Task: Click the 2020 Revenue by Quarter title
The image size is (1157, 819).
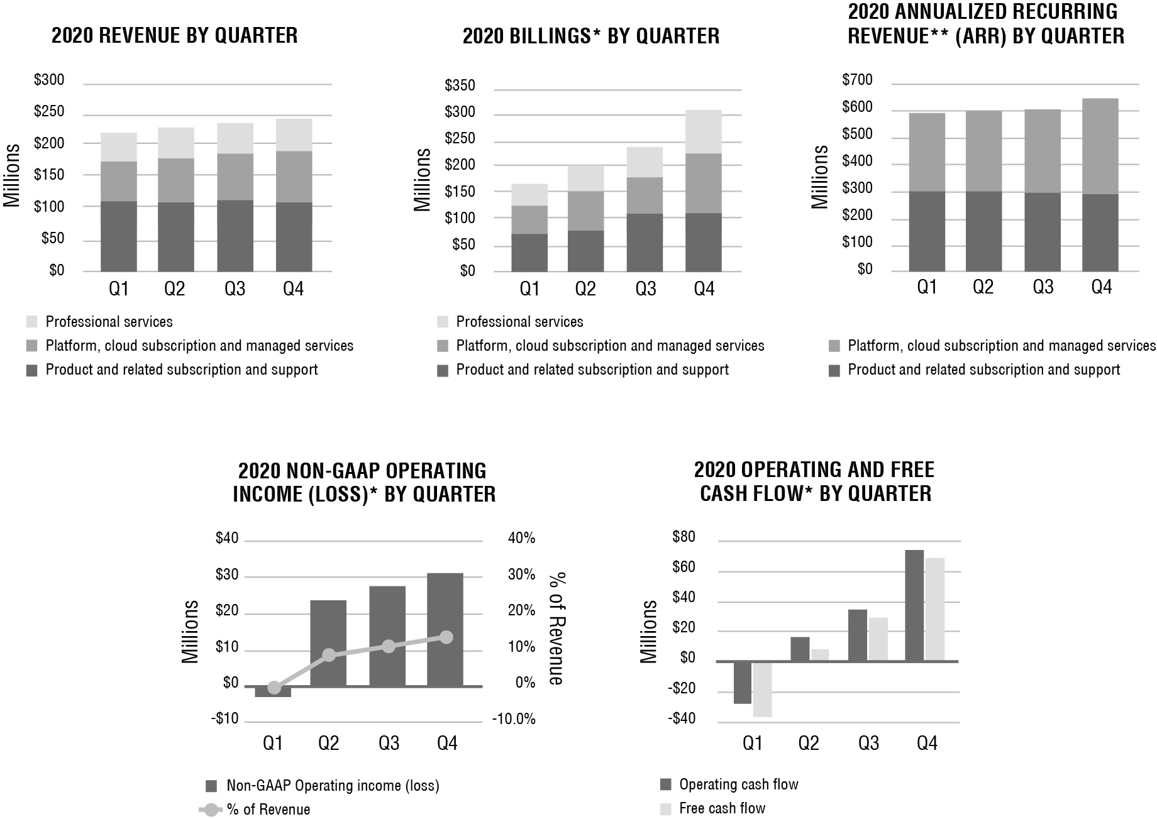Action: pos(175,35)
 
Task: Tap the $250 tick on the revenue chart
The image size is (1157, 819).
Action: pos(50,113)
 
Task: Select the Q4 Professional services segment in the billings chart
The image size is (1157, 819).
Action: pos(704,132)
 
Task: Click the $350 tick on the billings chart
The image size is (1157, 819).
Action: pos(460,86)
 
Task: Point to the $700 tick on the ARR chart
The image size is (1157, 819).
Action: pos(857,80)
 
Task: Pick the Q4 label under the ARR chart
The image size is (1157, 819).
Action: pos(1101,288)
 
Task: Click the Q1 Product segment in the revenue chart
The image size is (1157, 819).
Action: pos(119,236)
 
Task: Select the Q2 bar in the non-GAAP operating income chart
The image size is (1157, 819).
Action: pos(328,642)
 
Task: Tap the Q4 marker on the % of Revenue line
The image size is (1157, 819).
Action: pos(446,637)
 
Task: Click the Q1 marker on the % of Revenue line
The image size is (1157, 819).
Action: pos(274,688)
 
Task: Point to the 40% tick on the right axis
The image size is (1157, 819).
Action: pos(521,539)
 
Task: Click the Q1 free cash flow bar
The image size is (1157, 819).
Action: pos(762,689)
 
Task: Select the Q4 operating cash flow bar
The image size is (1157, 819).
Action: pos(914,605)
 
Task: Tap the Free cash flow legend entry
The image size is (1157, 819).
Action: pos(722,808)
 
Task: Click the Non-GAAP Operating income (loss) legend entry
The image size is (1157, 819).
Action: pos(332,786)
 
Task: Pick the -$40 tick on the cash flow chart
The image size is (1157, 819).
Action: pos(684,719)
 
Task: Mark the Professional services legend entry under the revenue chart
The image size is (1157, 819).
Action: pos(109,322)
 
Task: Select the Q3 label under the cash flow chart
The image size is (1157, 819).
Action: pos(868,744)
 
